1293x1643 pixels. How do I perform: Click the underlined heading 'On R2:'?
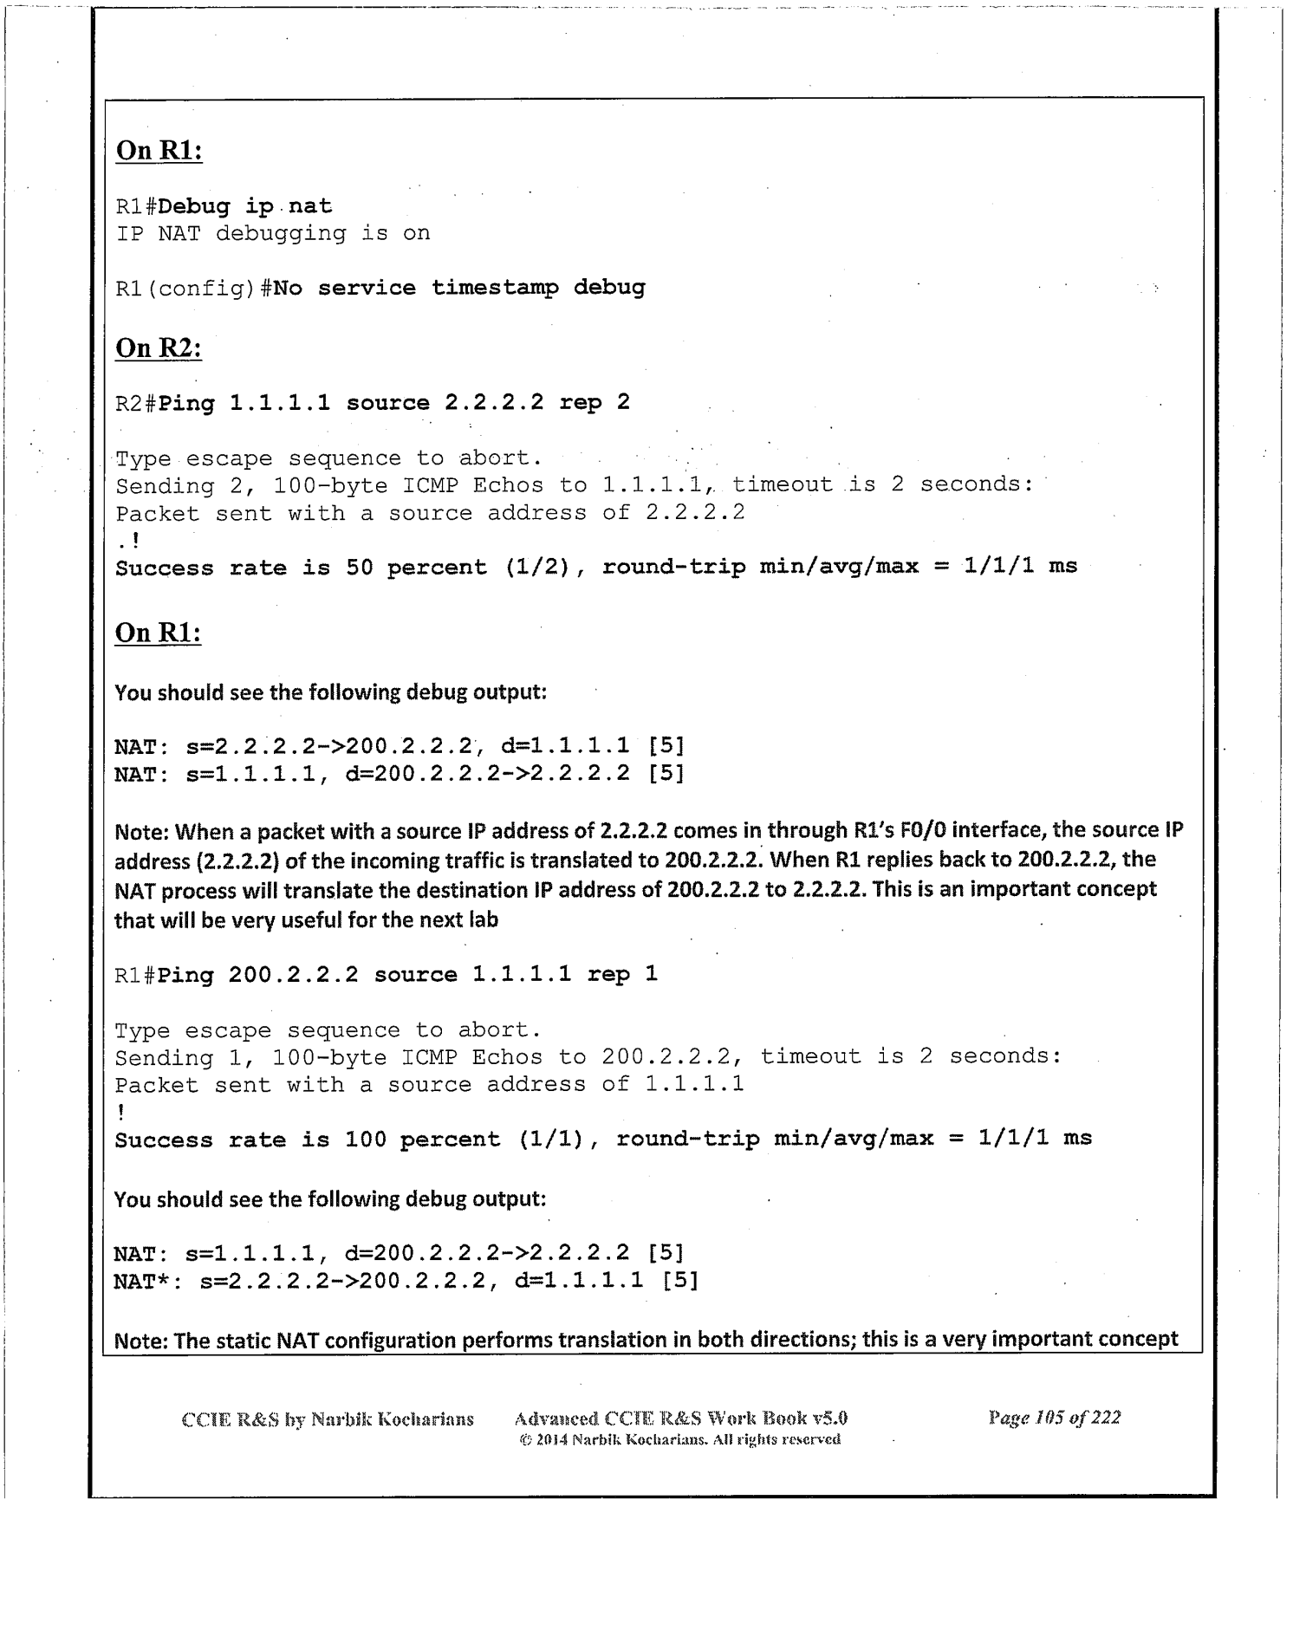(159, 348)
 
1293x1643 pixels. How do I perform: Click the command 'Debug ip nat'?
(245, 206)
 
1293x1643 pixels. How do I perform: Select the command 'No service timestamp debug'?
(458, 288)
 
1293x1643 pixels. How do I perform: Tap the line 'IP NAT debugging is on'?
(273, 233)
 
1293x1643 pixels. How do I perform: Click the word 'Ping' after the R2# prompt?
(186, 403)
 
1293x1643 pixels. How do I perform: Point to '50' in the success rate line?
(359, 568)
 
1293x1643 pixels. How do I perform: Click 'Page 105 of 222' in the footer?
(1054, 1418)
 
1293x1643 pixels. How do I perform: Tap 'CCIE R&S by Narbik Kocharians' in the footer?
(328, 1419)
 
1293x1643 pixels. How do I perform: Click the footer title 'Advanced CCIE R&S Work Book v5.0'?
(680, 1418)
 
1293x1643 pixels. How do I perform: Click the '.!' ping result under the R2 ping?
(127, 541)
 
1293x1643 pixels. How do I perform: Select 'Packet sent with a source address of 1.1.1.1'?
(429, 1084)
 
